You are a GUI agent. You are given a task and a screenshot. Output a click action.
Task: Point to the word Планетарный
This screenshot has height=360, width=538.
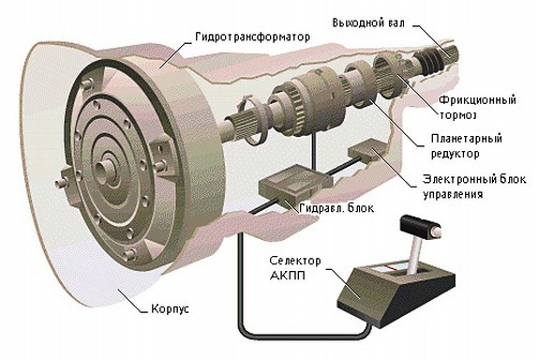point(475,140)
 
